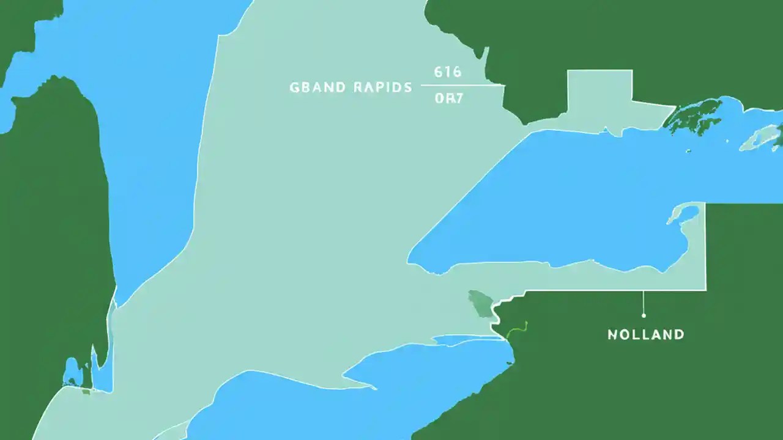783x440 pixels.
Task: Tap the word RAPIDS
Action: [382, 88]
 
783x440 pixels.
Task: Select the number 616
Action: [447, 72]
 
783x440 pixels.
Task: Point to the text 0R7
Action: [448, 98]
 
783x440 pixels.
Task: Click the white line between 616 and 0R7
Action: [462, 85]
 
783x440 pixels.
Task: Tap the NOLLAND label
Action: [645, 335]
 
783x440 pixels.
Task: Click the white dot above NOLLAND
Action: [644, 315]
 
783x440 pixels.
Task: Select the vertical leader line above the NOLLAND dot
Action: [644, 302]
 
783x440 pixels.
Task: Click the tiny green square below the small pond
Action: [86, 391]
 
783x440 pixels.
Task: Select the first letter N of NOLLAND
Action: [612, 335]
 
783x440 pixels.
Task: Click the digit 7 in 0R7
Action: [459, 98]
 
